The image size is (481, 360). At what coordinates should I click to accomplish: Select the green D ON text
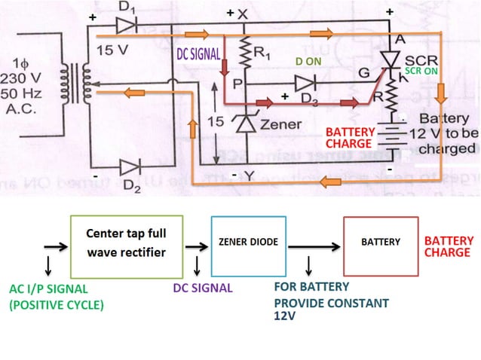309,61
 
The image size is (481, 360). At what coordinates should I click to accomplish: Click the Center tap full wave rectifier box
127,246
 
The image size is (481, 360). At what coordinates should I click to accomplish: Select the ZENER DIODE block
249,243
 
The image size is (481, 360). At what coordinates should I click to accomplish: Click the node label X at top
242,14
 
